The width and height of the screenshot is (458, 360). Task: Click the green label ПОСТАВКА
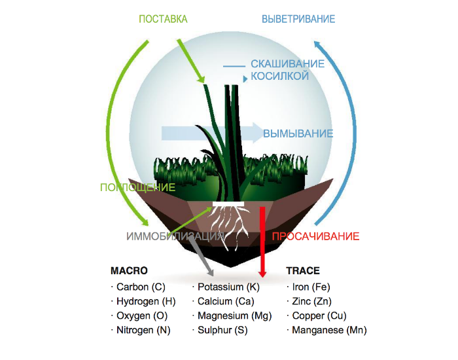click(163, 19)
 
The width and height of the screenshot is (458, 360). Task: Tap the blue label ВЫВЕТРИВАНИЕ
click(298, 19)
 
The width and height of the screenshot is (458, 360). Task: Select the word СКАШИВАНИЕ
click(288, 64)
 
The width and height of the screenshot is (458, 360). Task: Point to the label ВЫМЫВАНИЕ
click(298, 134)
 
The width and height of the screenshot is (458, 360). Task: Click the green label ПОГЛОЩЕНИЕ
click(137, 187)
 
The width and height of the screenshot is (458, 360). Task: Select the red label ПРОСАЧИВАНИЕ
click(315, 236)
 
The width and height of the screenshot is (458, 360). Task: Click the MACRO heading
click(129, 270)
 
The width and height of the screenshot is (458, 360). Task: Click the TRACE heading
click(303, 270)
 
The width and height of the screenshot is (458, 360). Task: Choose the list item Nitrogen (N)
click(143, 331)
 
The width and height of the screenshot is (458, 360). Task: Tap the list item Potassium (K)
click(229, 287)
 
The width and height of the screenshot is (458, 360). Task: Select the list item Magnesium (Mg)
click(234, 316)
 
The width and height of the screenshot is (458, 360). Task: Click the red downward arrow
click(262, 242)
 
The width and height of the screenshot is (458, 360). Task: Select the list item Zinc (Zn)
click(312, 302)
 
